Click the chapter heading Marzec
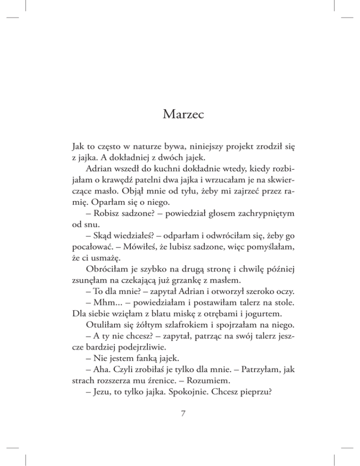180,114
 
